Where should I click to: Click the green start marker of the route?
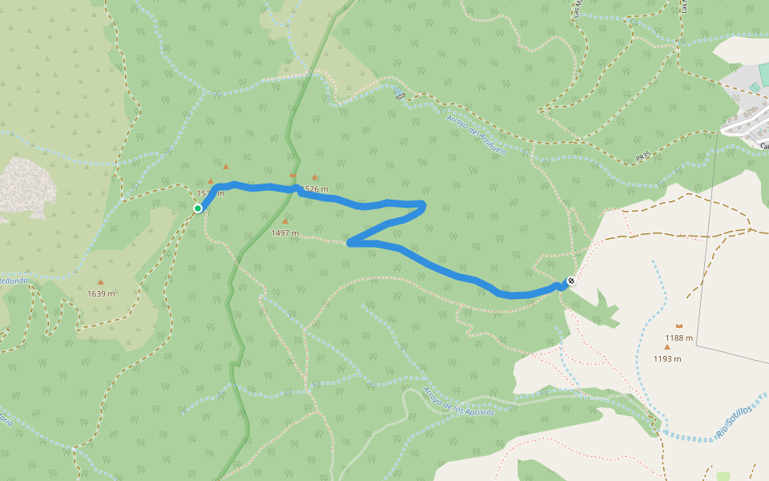point(198,208)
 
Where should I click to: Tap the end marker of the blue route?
point(570,281)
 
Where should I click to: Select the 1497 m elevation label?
point(284,233)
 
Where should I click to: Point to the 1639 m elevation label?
point(101,293)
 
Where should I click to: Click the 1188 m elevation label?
point(679,338)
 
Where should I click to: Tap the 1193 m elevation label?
point(667,358)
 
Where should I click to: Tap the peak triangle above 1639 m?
point(101,281)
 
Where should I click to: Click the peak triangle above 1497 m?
point(284,221)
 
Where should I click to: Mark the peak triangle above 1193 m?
point(666,347)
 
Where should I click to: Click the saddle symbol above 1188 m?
point(679,325)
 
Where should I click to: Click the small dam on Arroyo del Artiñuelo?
point(401,95)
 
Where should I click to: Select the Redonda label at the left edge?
point(14,281)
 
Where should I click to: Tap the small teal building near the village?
point(754,87)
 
